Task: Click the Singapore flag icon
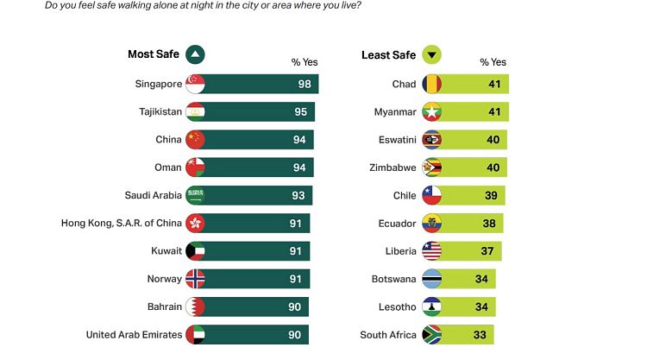[x=195, y=84]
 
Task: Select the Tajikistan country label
[x=160, y=111]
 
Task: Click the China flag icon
[x=195, y=140]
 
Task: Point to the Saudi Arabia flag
[x=195, y=195]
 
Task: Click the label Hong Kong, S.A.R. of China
[x=122, y=223]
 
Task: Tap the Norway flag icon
[x=195, y=279]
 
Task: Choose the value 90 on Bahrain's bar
[x=295, y=306]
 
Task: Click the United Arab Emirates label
[x=134, y=334]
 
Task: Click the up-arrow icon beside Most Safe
[x=194, y=55]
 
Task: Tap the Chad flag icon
[x=431, y=84]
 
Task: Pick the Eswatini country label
[x=395, y=140]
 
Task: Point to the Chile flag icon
[x=431, y=195]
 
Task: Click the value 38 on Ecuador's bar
[x=489, y=223]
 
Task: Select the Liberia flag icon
[x=431, y=251]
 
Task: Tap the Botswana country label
[x=393, y=279]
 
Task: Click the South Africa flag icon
[x=431, y=334]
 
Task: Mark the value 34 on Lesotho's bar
[x=483, y=306]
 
